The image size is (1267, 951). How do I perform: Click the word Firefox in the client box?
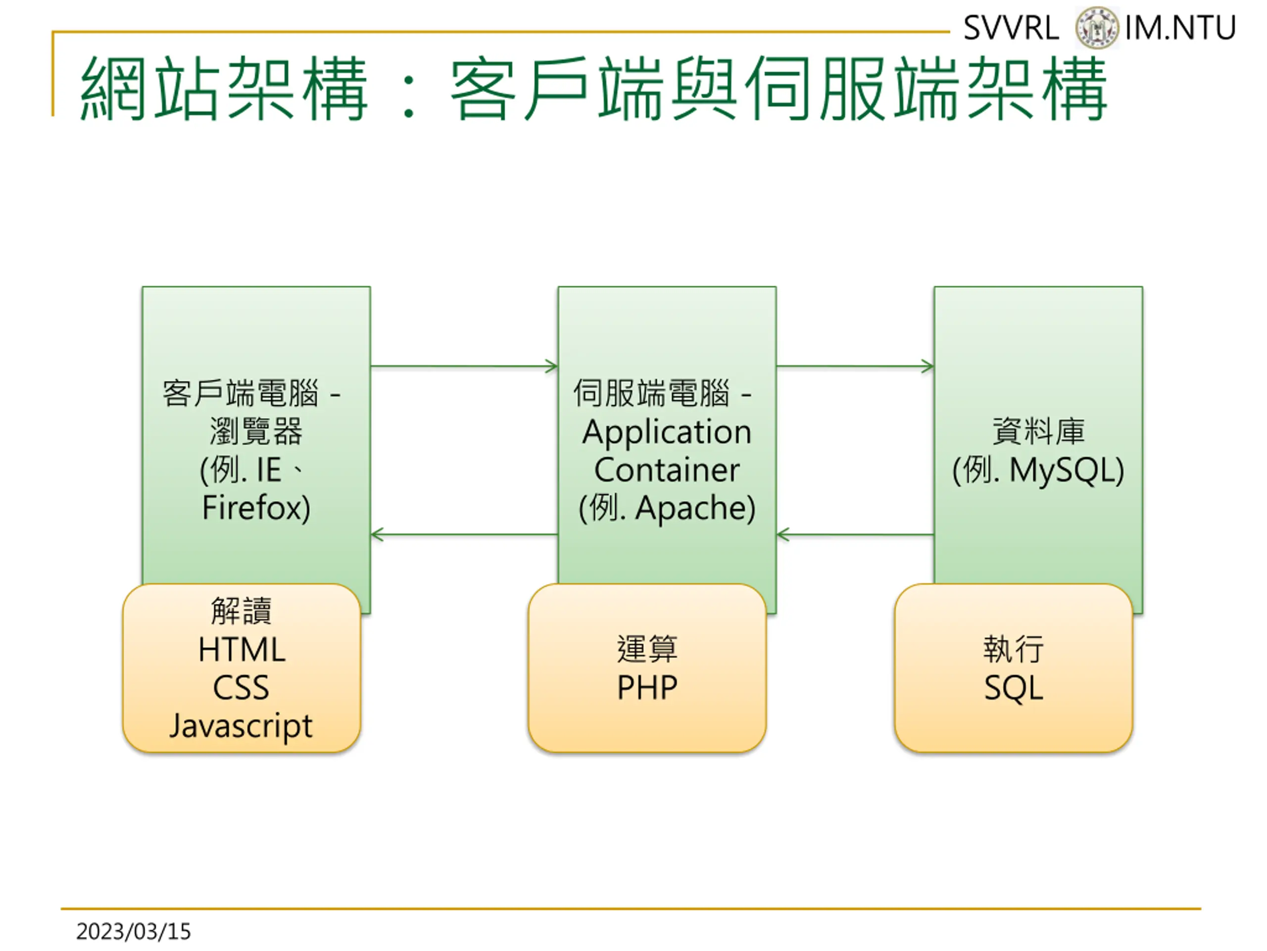pyautogui.click(x=252, y=507)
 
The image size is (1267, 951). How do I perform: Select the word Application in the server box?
pyautogui.click(x=667, y=432)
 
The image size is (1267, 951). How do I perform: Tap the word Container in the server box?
pyautogui.click(x=667, y=470)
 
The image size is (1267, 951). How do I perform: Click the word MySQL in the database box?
pyautogui.click(x=1061, y=471)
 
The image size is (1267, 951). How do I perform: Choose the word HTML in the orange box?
pyautogui.click(x=242, y=650)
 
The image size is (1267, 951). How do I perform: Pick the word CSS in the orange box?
pyautogui.click(x=241, y=688)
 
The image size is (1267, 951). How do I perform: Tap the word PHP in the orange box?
pyautogui.click(x=647, y=688)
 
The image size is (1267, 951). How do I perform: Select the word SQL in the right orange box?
pyautogui.click(x=1014, y=688)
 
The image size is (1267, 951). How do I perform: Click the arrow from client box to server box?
pyautogui.click(x=464, y=367)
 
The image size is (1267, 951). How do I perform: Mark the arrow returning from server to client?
pyautogui.click(x=464, y=535)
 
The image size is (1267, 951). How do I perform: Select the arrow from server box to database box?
pyautogui.click(x=855, y=367)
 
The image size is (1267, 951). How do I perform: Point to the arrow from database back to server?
pyautogui.click(x=855, y=535)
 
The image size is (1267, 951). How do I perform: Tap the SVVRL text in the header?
pyautogui.click(x=1011, y=28)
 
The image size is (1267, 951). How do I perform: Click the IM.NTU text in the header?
pyautogui.click(x=1180, y=28)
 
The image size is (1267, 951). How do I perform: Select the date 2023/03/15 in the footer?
pyautogui.click(x=134, y=932)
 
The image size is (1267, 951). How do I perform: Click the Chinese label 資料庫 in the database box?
pyautogui.click(x=1038, y=431)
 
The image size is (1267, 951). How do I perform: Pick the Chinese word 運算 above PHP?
pyautogui.click(x=647, y=649)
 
